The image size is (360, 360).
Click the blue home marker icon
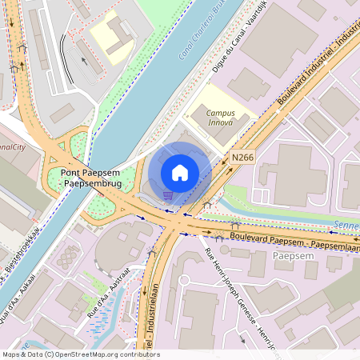click(x=180, y=172)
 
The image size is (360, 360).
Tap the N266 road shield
click(x=243, y=158)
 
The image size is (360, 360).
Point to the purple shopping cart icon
click(x=166, y=194)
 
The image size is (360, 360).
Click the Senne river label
click(x=347, y=225)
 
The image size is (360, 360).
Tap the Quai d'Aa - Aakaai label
click(x=24, y=292)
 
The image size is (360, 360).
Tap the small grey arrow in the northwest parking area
click(x=82, y=58)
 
